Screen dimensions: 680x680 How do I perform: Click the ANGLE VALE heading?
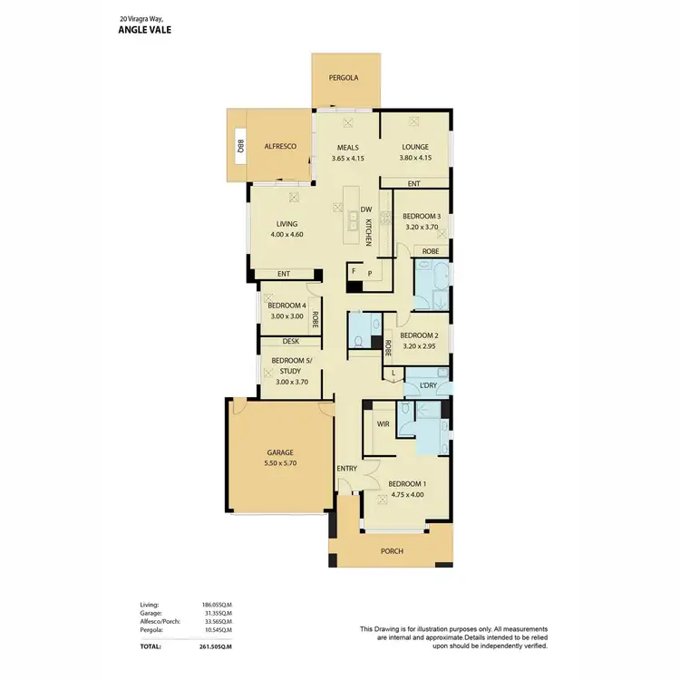point(145,29)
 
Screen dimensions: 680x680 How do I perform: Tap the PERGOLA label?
point(344,78)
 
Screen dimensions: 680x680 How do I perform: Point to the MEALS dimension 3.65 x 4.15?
point(348,159)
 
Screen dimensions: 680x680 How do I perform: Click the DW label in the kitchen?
point(366,209)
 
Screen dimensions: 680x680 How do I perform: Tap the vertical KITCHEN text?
point(369,233)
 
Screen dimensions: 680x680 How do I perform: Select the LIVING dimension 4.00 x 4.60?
point(287,235)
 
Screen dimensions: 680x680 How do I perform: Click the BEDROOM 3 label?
point(421,216)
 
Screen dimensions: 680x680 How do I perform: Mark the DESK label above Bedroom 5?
point(290,342)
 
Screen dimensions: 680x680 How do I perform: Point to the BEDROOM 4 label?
point(287,306)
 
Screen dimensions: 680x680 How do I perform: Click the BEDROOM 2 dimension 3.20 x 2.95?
point(419,345)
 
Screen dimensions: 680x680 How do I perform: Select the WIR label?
point(383,423)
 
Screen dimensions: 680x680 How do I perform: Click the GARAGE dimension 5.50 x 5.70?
point(280,463)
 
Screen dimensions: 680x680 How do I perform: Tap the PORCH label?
point(392,551)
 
